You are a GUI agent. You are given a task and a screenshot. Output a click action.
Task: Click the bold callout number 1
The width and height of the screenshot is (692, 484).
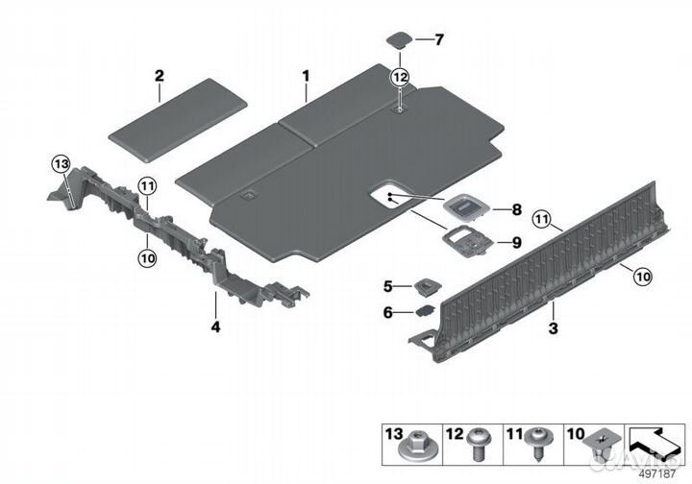306,74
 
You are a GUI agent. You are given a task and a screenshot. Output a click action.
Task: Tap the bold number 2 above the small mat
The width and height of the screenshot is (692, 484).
160,75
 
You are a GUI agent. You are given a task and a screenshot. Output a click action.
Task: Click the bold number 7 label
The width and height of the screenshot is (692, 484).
438,39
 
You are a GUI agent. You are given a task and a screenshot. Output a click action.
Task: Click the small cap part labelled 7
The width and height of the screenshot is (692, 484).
397,40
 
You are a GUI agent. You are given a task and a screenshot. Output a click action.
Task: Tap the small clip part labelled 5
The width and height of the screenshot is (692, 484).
426,285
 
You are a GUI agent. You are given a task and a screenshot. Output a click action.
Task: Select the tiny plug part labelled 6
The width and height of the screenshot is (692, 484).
424,311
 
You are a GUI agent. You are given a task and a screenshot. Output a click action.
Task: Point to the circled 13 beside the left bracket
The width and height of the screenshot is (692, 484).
62,164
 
